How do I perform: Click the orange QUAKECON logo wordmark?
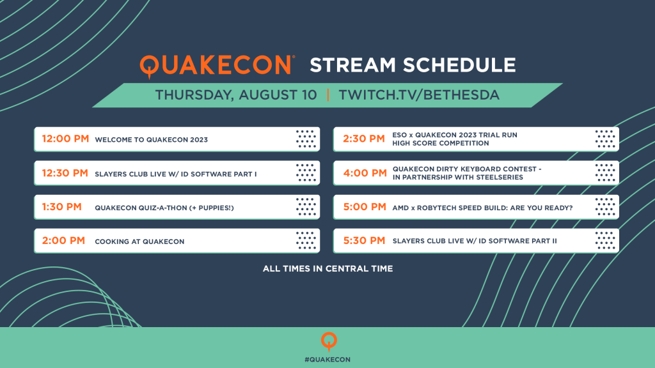click(x=216, y=66)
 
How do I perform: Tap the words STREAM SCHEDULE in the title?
click(x=413, y=65)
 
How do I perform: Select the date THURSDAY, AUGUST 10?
click(x=236, y=95)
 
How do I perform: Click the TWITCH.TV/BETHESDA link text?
click(x=419, y=95)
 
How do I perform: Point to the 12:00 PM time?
click(x=66, y=139)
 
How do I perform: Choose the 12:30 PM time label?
click(x=65, y=173)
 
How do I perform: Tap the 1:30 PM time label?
click(x=62, y=207)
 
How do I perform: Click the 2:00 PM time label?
click(x=63, y=241)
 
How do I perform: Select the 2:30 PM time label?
click(x=364, y=139)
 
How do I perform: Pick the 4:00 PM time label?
click(x=365, y=173)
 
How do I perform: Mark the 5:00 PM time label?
click(x=365, y=207)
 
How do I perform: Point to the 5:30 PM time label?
click(x=364, y=241)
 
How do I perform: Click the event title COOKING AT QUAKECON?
click(x=139, y=241)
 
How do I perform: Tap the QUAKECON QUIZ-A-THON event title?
click(x=164, y=208)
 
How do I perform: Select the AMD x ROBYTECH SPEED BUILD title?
click(x=482, y=208)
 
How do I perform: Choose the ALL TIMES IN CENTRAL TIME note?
click(x=328, y=269)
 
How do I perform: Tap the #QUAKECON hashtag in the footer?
click(x=327, y=360)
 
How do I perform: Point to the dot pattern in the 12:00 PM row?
click(x=306, y=139)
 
